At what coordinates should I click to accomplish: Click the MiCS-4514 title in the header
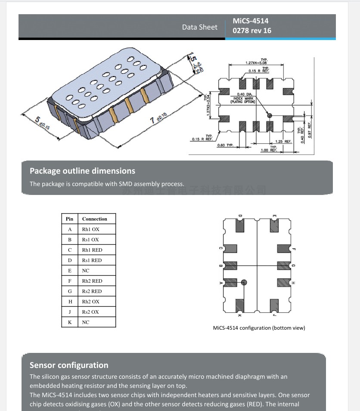[251, 21]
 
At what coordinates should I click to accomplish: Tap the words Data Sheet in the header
[199, 27]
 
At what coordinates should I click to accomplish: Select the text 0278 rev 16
[252, 31]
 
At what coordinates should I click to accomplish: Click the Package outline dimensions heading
[82, 171]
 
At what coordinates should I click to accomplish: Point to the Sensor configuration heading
[69, 365]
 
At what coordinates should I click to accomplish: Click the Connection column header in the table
[95, 219]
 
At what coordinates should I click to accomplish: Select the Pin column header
[69, 219]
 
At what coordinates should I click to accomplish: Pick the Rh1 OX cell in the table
[90, 229]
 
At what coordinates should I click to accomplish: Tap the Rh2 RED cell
[92, 281]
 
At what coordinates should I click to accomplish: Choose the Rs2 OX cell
[90, 312]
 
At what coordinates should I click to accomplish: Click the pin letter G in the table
[70, 291]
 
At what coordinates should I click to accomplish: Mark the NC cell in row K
[86, 322]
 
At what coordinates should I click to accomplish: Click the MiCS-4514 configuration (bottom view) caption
[259, 328]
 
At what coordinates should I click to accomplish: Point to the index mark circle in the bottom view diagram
[244, 282]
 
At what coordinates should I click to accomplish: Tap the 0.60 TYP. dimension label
[225, 145]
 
